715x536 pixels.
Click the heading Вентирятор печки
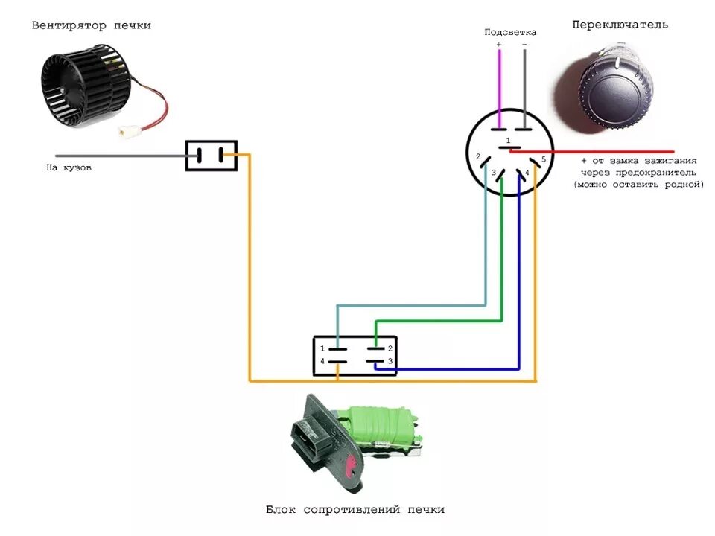coord(91,25)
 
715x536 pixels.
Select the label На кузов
coord(69,167)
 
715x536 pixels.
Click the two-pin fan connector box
coord(211,156)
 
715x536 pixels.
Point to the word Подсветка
coord(509,32)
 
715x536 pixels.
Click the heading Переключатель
coord(620,25)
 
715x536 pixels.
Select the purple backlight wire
coord(499,82)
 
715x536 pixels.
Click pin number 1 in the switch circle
coord(508,141)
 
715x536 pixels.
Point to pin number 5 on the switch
coord(544,159)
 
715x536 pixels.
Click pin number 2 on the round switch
coord(477,158)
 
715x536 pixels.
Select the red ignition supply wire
coord(611,150)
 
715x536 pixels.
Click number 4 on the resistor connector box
coord(322,362)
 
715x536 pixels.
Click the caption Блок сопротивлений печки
coord(355,510)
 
